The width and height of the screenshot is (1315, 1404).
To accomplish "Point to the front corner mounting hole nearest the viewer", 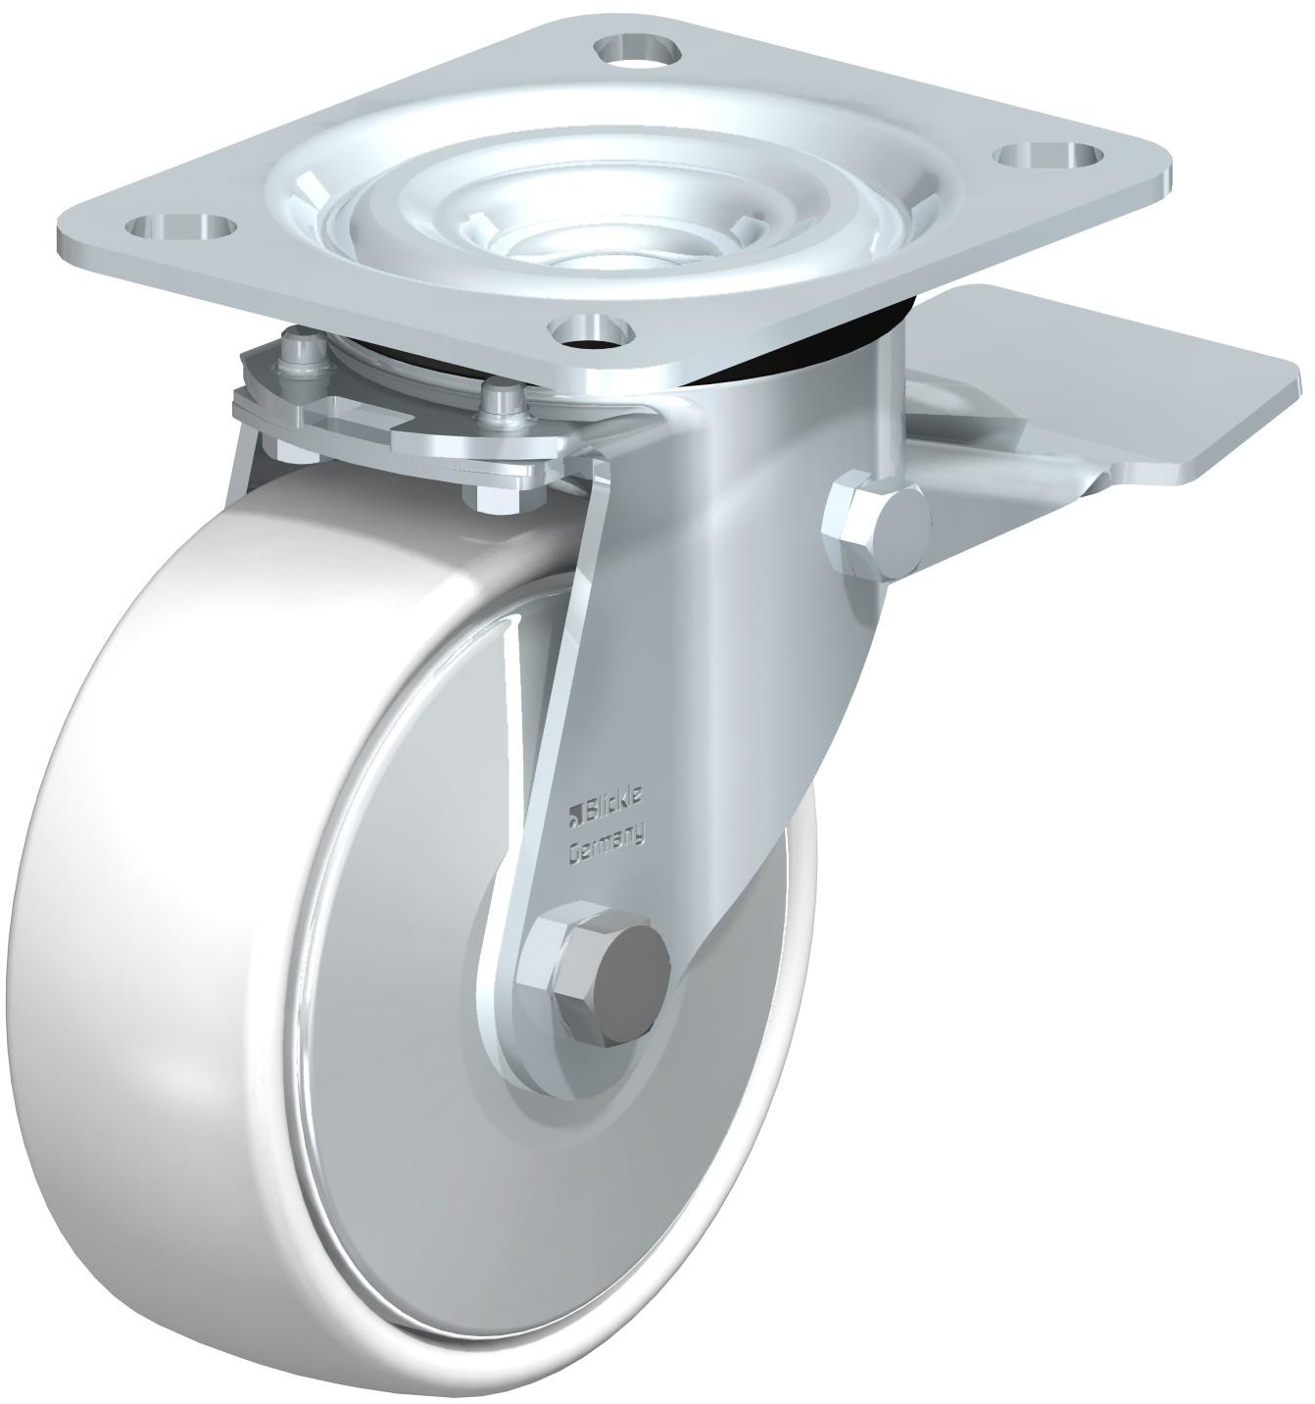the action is [592, 328].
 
